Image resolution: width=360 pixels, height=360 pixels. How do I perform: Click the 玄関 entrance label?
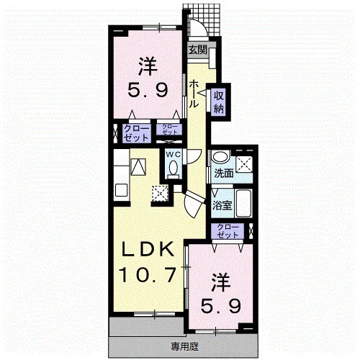pos(197,50)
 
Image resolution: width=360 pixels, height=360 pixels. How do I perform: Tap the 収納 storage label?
pos(219,102)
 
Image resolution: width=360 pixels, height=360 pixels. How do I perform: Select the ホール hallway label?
pos(194,94)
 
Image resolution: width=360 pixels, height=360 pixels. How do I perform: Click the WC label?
pos(174,155)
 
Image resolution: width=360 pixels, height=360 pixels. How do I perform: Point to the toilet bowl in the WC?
pos(174,167)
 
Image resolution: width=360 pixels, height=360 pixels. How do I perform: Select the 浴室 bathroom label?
pos(222,205)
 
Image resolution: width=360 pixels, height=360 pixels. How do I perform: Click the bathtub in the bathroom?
pos(243,204)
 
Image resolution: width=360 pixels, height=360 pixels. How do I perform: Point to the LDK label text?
pos(148,249)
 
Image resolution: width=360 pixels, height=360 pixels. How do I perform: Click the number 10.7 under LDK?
pos(148,274)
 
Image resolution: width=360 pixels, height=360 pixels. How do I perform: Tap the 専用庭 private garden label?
pos(184,347)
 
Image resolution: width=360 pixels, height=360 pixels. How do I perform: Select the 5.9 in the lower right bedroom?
pos(220,305)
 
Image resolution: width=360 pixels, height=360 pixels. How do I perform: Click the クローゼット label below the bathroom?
pos(228,231)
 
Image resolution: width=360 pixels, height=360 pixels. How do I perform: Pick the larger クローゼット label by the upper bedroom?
pos(136,133)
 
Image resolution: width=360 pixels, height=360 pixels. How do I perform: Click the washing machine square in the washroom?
pos(244,164)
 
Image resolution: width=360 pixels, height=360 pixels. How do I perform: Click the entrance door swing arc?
pos(201,27)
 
